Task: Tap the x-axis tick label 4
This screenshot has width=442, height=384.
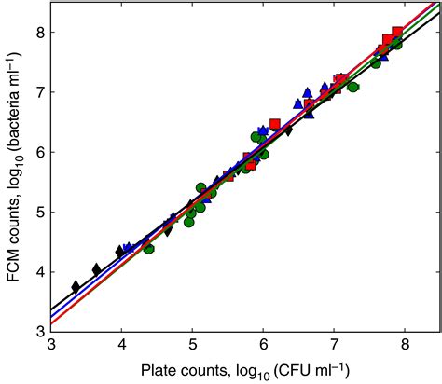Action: tap(121, 344)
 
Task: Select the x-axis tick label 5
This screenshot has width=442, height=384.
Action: tap(192, 344)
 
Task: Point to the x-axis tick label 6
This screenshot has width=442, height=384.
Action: tap(263, 344)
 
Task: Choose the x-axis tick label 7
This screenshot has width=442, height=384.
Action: tap(334, 344)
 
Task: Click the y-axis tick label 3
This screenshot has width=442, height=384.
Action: tap(38, 331)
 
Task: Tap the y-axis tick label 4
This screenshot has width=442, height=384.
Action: tap(38, 271)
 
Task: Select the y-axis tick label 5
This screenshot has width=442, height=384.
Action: tap(38, 212)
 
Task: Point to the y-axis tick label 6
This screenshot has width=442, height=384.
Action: tap(38, 152)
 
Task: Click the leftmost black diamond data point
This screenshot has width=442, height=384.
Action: tap(76, 287)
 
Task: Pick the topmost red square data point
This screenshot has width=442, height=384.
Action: tap(397, 33)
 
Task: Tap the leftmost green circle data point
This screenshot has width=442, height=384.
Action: tap(148, 248)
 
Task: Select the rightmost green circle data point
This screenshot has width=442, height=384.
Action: tap(396, 44)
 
